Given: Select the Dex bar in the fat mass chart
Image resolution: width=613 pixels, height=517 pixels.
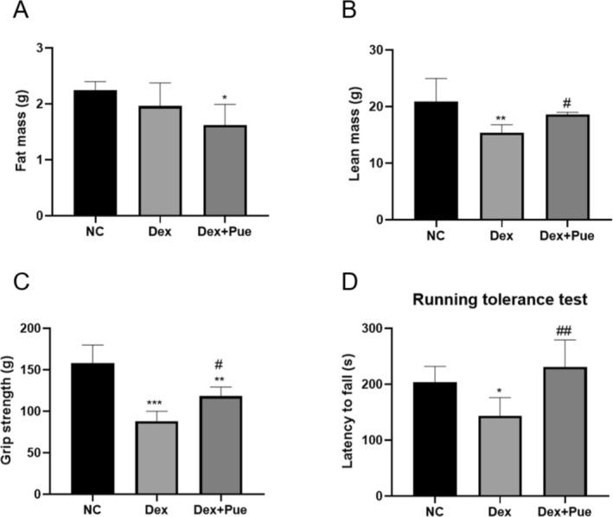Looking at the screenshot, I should click(157, 161).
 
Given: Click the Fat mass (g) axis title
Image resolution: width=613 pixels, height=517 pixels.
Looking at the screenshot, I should click(18, 132).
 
